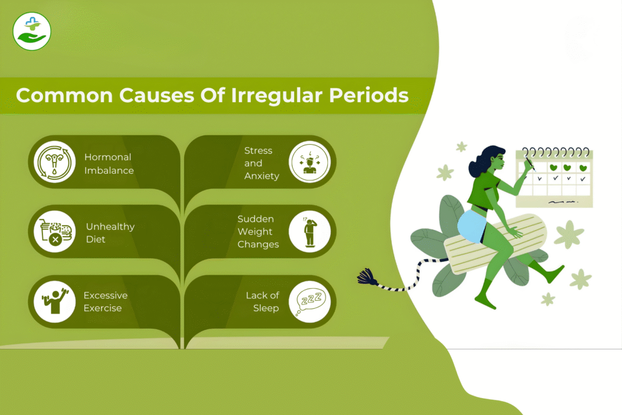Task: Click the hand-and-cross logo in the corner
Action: coord(32,31)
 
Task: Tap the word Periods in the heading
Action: coord(369,95)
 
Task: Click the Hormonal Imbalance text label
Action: coord(109,163)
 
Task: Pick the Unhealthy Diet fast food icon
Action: coord(55,232)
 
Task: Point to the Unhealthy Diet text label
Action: coord(110,233)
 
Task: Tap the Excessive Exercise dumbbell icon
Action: coord(55,301)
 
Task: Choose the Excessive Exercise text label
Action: coord(106,301)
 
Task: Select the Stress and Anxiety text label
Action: coord(262,163)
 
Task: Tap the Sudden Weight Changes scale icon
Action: coord(309,232)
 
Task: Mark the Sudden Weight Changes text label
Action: coord(258,232)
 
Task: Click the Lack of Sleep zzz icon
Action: coord(309,301)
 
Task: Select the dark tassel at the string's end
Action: coord(367,278)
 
